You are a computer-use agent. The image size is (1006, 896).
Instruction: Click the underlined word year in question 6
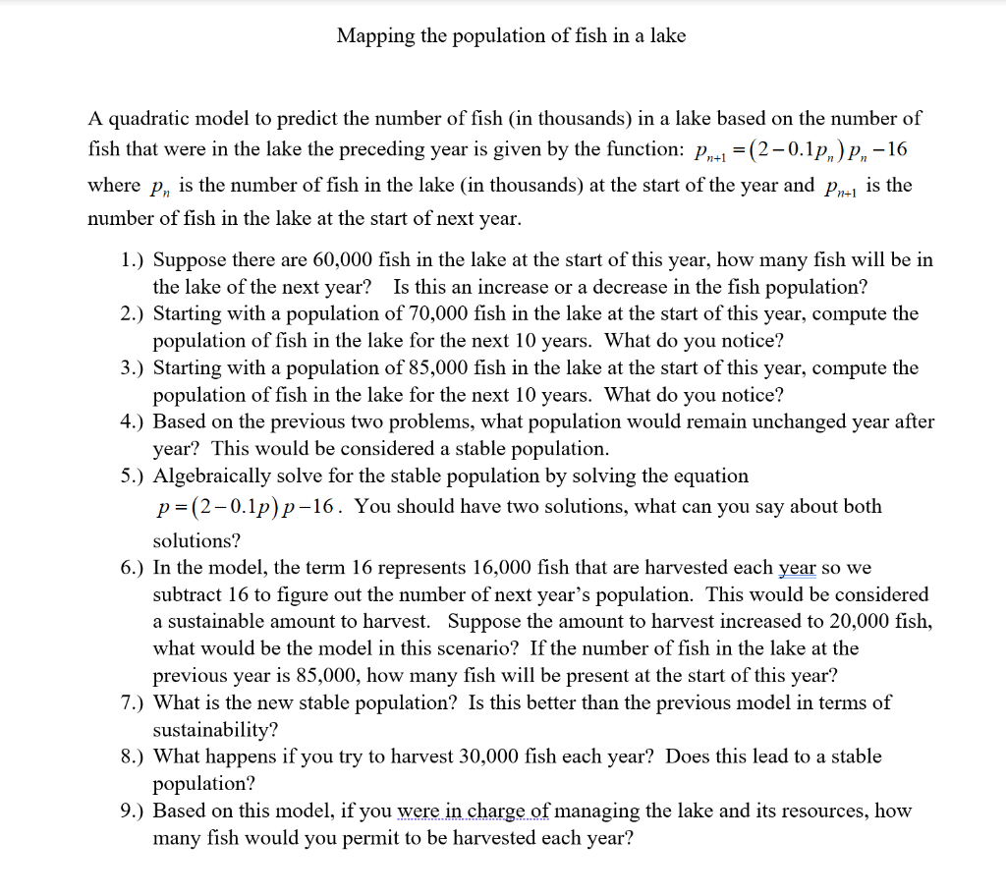798,568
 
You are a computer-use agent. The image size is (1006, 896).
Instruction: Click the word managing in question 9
597,811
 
